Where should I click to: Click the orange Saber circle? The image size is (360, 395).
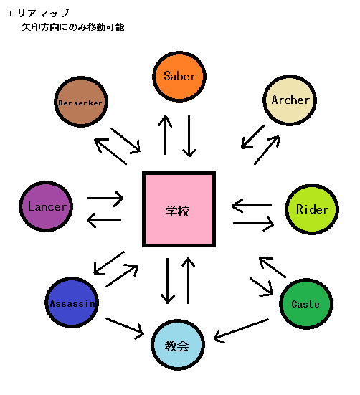[x=179, y=76]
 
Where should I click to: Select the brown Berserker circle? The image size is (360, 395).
[x=81, y=102]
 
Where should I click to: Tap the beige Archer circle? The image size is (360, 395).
[x=290, y=100]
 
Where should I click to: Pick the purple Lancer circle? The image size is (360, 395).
[x=46, y=206]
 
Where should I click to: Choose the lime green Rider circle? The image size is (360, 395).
[x=312, y=209]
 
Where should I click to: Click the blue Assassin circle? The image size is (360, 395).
[x=72, y=303]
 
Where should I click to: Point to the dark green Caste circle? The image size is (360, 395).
[x=306, y=303]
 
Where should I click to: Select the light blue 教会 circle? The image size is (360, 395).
[x=178, y=345]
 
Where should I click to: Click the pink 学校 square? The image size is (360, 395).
[x=179, y=209]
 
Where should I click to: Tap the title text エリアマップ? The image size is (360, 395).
[x=37, y=13]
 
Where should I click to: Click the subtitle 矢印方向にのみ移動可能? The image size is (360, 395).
[x=73, y=27]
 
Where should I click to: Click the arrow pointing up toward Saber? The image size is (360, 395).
[x=165, y=135]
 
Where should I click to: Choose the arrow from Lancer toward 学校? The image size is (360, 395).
[x=105, y=199]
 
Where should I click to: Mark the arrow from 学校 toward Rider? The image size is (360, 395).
[x=253, y=224]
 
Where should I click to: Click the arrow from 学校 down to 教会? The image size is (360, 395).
[x=168, y=280]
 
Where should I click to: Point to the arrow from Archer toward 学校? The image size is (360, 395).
[x=252, y=137]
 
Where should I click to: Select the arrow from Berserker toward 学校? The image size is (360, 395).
[x=125, y=140]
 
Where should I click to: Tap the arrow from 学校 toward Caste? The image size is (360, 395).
[x=262, y=287]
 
